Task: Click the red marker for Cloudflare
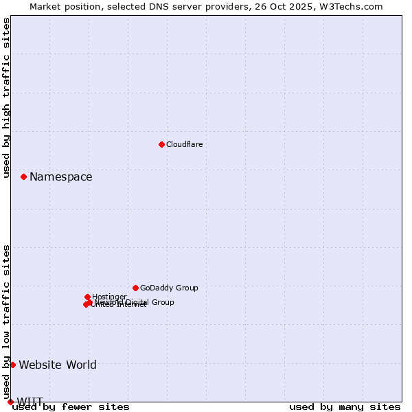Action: pos(161,144)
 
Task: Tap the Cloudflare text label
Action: pos(184,144)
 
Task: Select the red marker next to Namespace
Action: pos(23,176)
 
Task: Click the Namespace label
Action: pos(60,177)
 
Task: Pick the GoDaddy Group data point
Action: pos(135,288)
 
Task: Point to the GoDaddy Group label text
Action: pos(169,288)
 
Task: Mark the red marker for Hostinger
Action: pos(87,297)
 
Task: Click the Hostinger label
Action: pos(109,297)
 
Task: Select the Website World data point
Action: pos(12,365)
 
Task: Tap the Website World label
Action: pos(58,365)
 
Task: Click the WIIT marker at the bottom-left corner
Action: pos(10,402)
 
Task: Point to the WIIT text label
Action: pos(30,402)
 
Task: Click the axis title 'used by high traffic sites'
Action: pos(7,98)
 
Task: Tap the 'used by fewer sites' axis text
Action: pos(71,407)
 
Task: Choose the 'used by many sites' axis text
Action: pos(345,407)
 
